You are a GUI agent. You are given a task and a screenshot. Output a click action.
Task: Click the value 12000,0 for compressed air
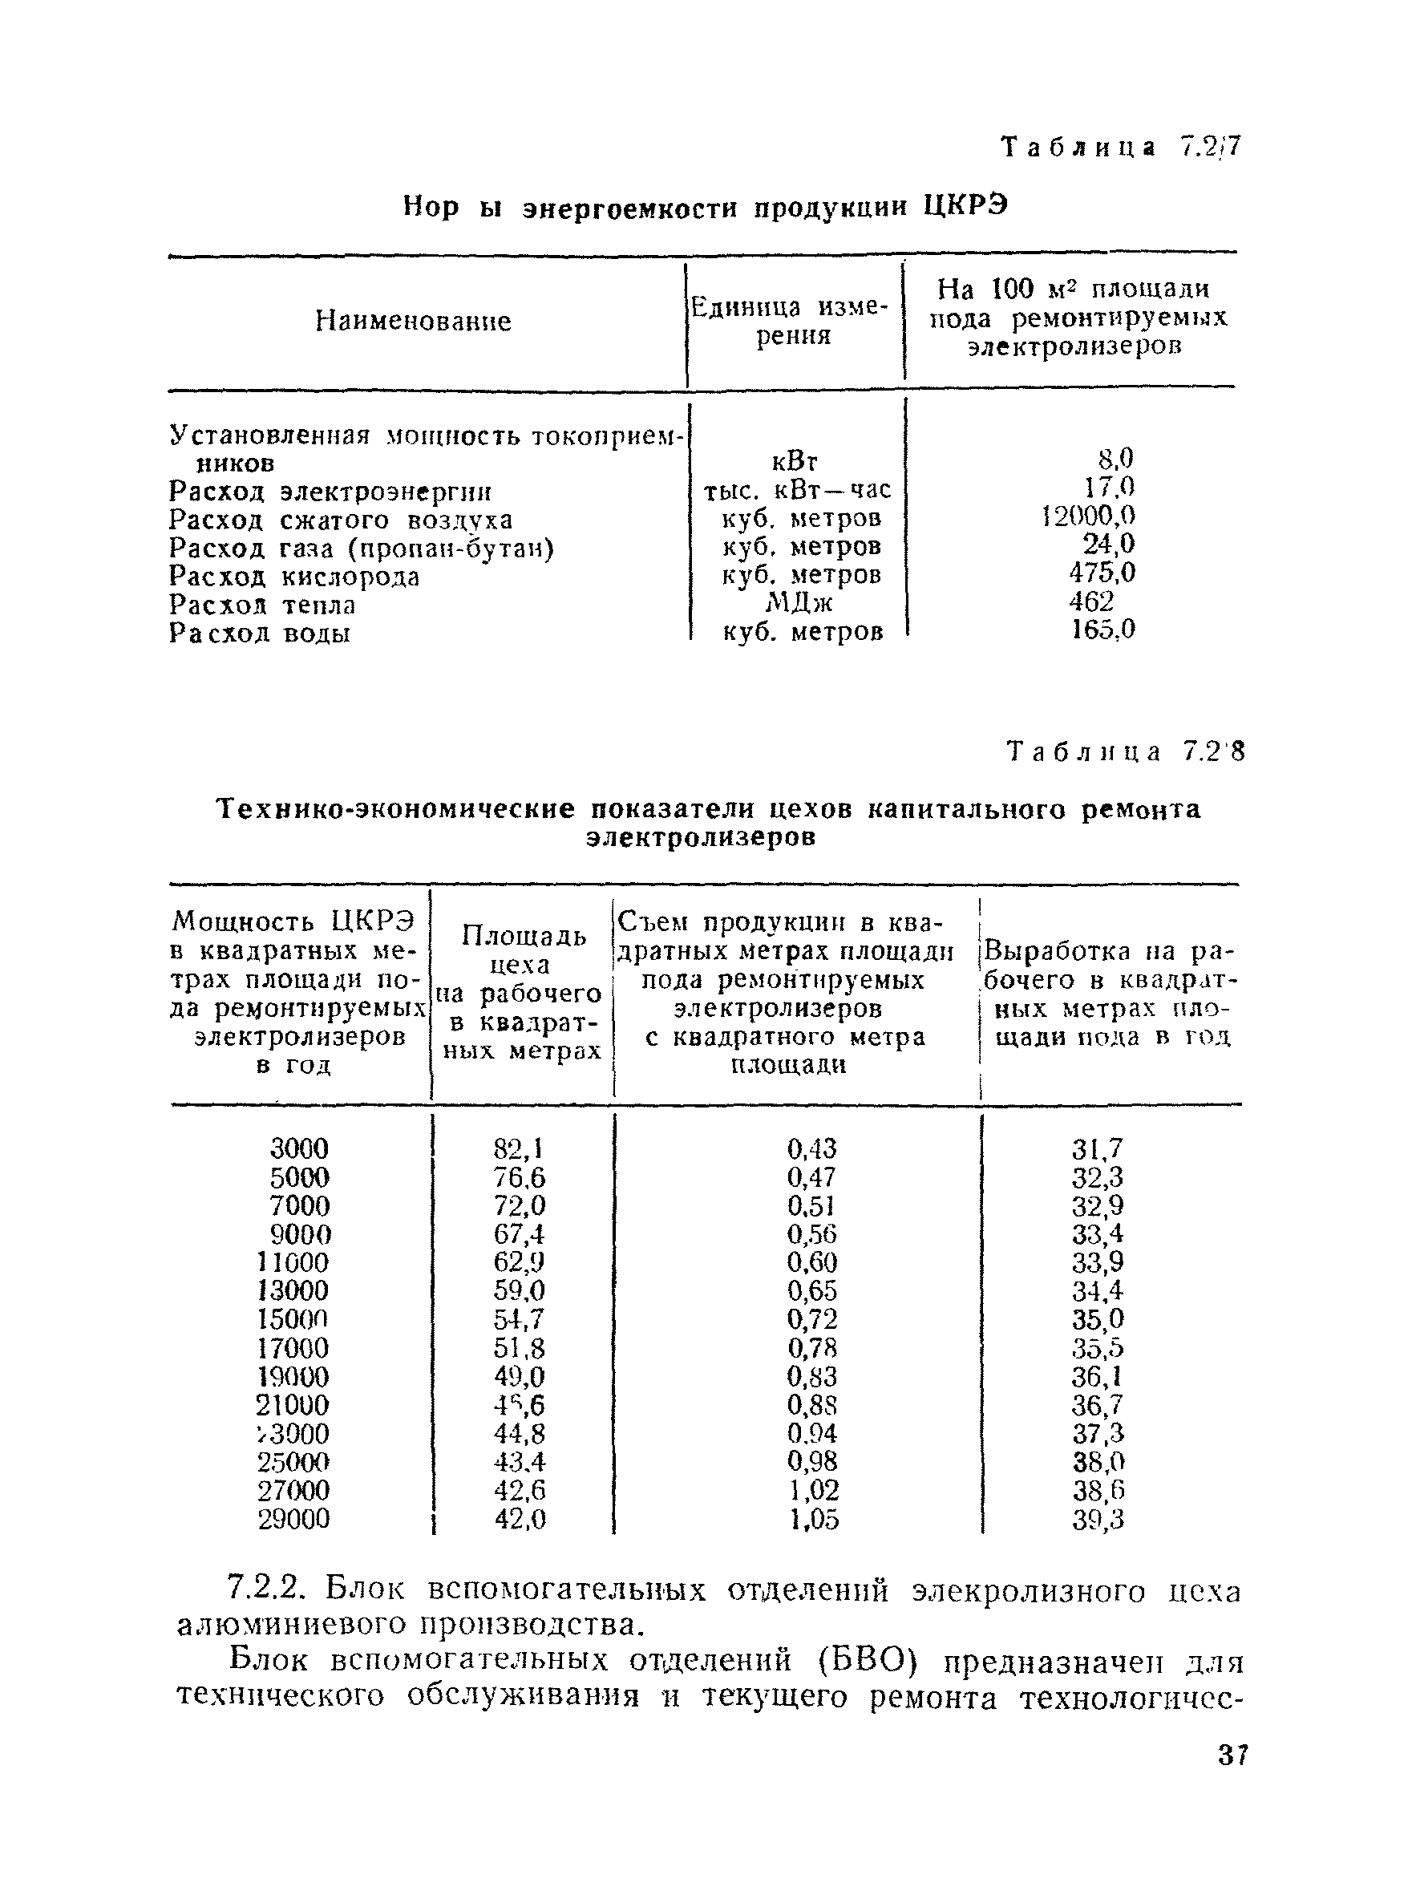[1088, 516]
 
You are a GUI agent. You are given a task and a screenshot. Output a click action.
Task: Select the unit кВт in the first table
[795, 463]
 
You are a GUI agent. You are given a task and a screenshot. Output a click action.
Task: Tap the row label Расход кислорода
[293, 577]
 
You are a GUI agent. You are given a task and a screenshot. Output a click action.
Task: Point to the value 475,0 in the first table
[1101, 573]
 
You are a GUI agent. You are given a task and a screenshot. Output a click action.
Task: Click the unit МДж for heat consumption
[797, 603]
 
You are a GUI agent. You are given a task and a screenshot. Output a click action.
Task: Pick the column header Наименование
[413, 322]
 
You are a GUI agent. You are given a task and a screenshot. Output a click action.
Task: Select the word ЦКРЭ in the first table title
[965, 206]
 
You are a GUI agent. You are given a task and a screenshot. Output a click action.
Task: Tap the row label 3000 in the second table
[299, 1148]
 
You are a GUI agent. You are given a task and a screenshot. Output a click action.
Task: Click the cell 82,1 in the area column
[519, 1148]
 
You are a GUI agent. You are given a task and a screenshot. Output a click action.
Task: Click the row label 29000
[293, 1519]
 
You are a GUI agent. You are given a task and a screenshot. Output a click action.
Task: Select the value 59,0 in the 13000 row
[519, 1291]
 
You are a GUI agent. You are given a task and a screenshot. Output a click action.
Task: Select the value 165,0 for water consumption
[1102, 630]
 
